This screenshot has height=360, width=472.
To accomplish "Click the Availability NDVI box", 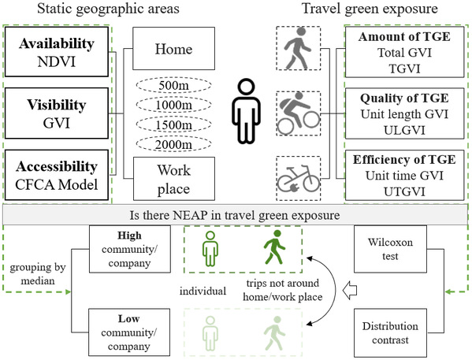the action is pyautogui.click(x=57, y=52).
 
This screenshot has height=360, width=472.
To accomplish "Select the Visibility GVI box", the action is pyautogui.click(x=57, y=113).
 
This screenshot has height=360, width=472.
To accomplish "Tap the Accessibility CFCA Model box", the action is pyautogui.click(x=57, y=175).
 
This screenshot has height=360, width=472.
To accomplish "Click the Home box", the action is pyautogui.click(x=173, y=49).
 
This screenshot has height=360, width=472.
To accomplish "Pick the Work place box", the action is pyautogui.click(x=174, y=179).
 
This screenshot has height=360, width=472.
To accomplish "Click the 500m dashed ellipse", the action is pyautogui.click(x=173, y=85).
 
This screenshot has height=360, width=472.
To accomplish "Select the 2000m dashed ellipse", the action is pyautogui.click(x=173, y=144).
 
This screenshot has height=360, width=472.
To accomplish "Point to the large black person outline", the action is pyautogui.click(x=246, y=111).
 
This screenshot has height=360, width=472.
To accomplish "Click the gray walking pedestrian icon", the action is pyautogui.click(x=297, y=48).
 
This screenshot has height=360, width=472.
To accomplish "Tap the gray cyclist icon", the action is pyautogui.click(x=299, y=113).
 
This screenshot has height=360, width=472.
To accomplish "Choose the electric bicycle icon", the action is pyautogui.click(x=299, y=179).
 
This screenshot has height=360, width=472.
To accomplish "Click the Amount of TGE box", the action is pyautogui.click(x=404, y=52).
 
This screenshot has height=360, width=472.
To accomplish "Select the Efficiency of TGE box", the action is pyautogui.click(x=404, y=175).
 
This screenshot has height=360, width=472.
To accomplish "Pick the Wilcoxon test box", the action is pyautogui.click(x=390, y=249).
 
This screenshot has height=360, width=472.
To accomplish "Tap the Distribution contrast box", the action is pyautogui.click(x=390, y=332).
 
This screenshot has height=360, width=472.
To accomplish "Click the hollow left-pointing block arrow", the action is pyautogui.click(x=350, y=291).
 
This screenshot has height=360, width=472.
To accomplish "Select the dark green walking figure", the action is pyautogui.click(x=274, y=247).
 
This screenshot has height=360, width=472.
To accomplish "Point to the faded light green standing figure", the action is pyautogui.click(x=210, y=333).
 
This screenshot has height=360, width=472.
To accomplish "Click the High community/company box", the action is pyautogui.click(x=130, y=249).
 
